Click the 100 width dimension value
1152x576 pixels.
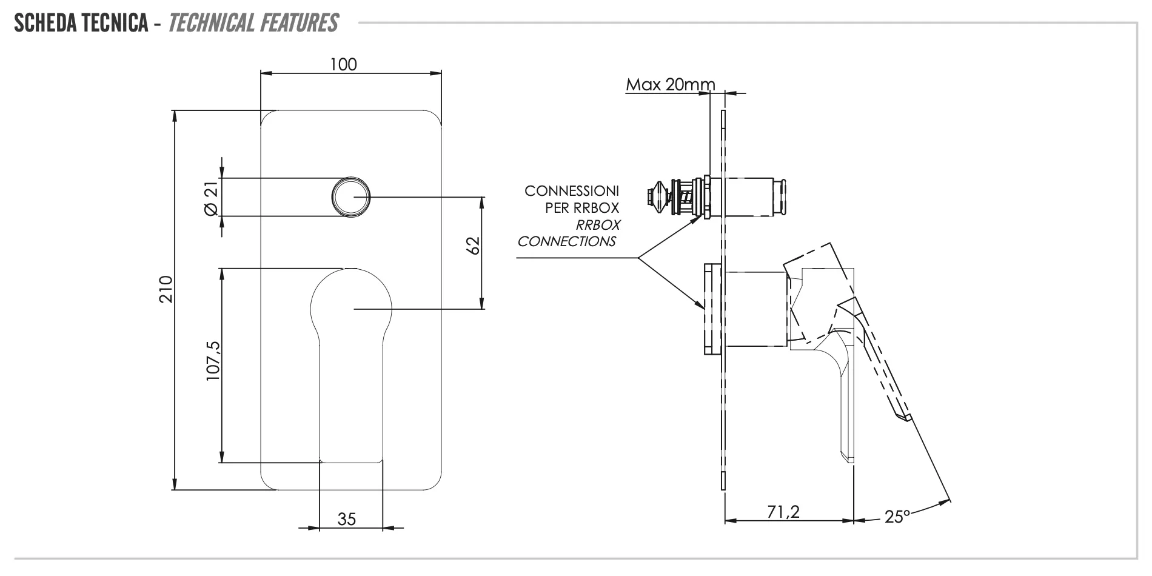344,64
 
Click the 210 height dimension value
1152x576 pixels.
166,289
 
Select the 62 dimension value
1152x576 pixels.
474,245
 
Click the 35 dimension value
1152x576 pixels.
346,519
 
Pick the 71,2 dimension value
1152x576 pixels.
783,512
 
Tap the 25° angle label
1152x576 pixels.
897,517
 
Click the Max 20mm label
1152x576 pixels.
670,84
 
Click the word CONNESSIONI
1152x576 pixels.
571,190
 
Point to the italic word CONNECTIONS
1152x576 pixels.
566,241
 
